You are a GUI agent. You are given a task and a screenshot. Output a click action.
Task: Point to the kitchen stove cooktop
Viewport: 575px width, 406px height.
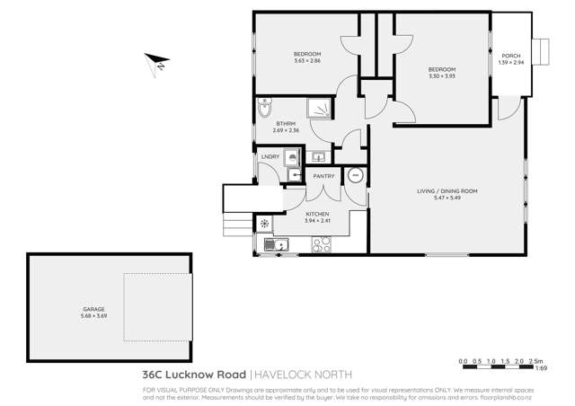pos(320,243)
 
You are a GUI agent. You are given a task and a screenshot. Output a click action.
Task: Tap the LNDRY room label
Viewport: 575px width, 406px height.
pos(270,157)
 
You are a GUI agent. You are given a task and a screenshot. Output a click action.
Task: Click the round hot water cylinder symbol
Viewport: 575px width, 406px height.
pos(355,175)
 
